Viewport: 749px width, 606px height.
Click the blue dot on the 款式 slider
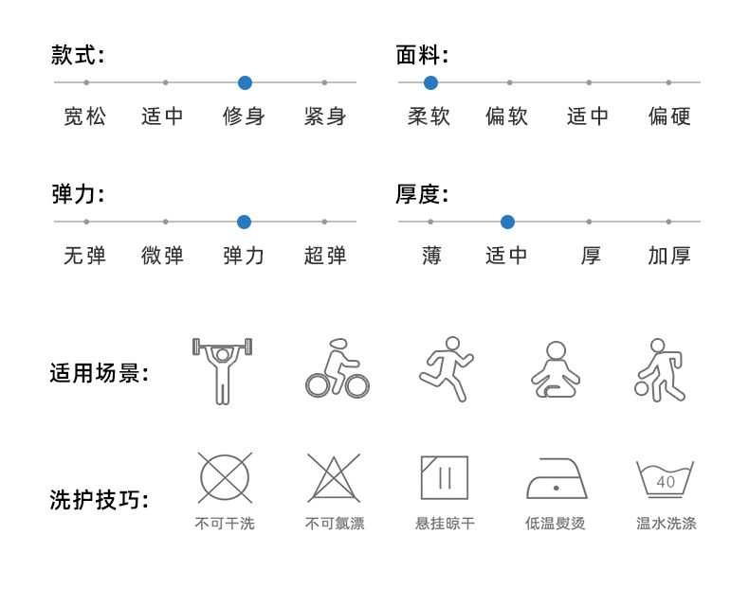pos(245,82)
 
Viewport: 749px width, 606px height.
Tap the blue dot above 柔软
pos(430,82)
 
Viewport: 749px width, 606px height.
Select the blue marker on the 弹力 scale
pos(244,222)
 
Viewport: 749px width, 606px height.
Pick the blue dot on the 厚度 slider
pos(507,222)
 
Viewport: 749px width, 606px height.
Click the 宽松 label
pos(85,116)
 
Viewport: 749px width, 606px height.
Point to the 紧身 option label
pos(325,116)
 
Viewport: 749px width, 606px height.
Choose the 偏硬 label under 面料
pos(669,116)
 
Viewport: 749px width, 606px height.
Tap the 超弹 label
pos(325,256)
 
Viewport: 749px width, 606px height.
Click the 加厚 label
pos(669,256)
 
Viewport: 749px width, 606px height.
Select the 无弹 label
pos(85,256)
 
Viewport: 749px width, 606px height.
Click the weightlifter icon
pos(223,370)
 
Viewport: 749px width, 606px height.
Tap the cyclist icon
pos(337,370)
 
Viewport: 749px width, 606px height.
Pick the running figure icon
pos(446,370)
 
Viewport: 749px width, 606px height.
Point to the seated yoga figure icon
pos(557,370)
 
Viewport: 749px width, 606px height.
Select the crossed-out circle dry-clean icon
pos(225,477)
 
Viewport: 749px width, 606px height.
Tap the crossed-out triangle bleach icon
pos(334,477)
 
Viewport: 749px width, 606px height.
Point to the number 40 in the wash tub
pos(666,482)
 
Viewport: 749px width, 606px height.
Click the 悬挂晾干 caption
pos(445,524)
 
